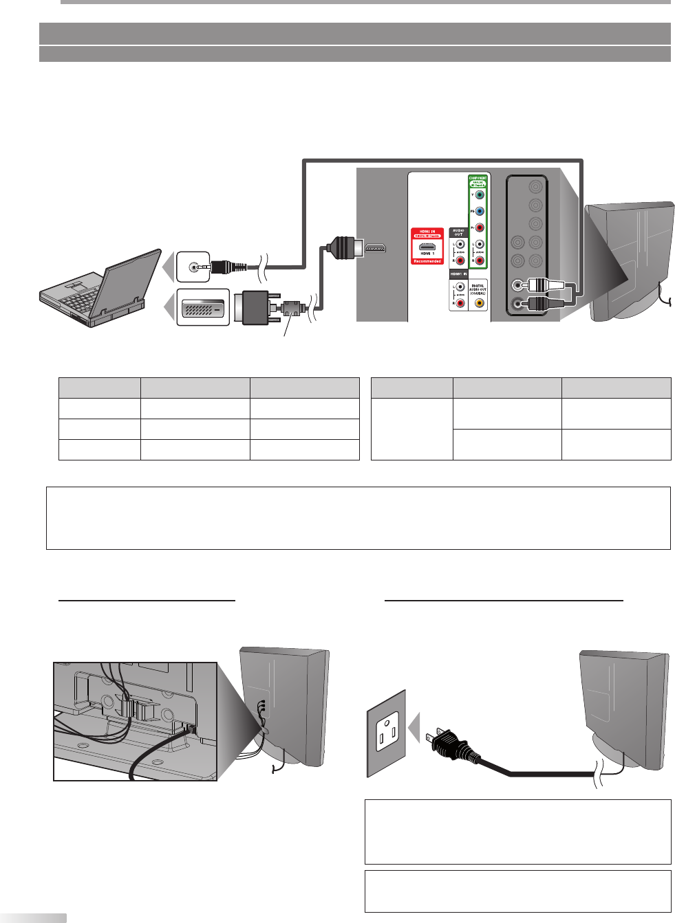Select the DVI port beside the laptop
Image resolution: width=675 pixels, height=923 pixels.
pyautogui.click(x=203, y=307)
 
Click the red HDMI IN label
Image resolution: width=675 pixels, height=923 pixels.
pyautogui.click(x=427, y=232)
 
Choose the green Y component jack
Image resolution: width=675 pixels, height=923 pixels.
pyautogui.click(x=480, y=195)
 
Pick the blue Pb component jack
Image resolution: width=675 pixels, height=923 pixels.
pyautogui.click(x=480, y=212)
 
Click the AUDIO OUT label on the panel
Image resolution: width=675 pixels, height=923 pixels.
pyautogui.click(x=458, y=232)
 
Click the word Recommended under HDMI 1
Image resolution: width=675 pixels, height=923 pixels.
pyautogui.click(x=427, y=261)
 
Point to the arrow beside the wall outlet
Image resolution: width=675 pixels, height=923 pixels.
pyautogui.click(x=414, y=729)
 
